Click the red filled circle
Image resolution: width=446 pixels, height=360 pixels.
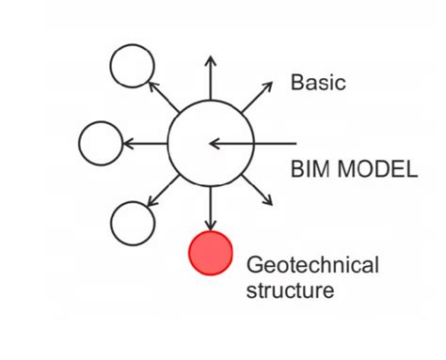click(211, 253)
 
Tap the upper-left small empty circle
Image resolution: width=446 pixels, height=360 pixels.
click(133, 66)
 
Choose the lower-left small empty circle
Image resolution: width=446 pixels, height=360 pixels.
click(133, 223)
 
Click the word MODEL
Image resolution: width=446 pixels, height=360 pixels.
click(374, 170)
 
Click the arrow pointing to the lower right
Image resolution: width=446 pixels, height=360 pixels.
click(257, 190)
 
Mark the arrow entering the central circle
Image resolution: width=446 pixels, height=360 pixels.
click(249, 144)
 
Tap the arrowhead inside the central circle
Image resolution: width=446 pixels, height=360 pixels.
click(215, 144)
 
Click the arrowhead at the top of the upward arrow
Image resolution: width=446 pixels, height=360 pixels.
click(210, 61)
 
